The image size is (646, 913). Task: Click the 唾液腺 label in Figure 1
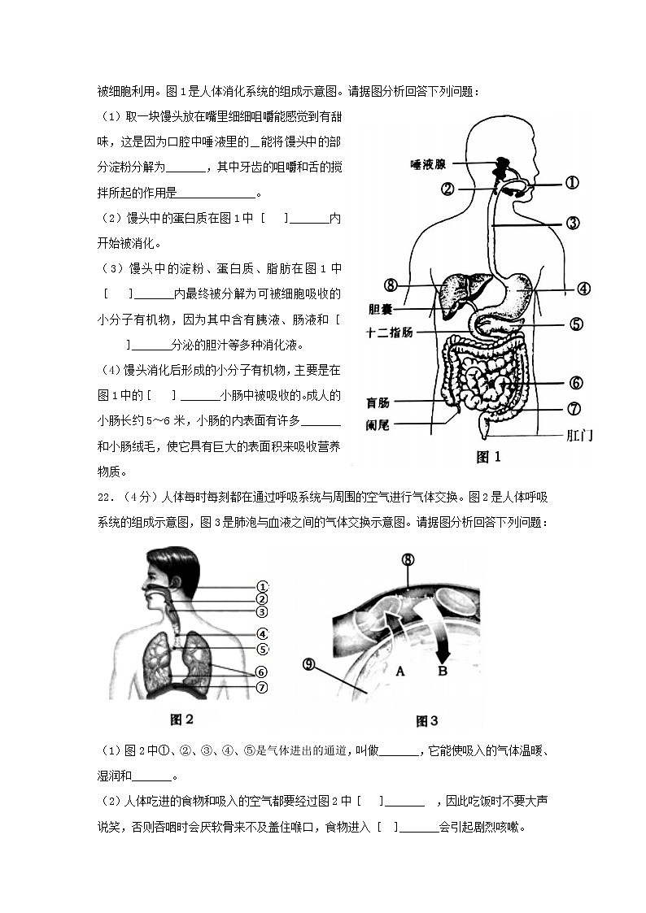(x=428, y=164)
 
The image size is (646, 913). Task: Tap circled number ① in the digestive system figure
(x=571, y=184)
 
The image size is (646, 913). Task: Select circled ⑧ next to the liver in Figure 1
(x=391, y=285)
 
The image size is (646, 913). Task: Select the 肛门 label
(x=578, y=435)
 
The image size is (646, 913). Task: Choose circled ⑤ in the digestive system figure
(x=575, y=324)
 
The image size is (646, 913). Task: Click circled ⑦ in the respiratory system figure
(x=262, y=687)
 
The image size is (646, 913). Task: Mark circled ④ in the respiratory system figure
(x=262, y=634)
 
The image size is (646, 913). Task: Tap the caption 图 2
(x=181, y=719)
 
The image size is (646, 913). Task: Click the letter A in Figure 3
(x=399, y=671)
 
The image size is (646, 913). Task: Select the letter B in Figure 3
(x=443, y=671)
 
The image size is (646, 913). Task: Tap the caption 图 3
(x=426, y=720)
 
